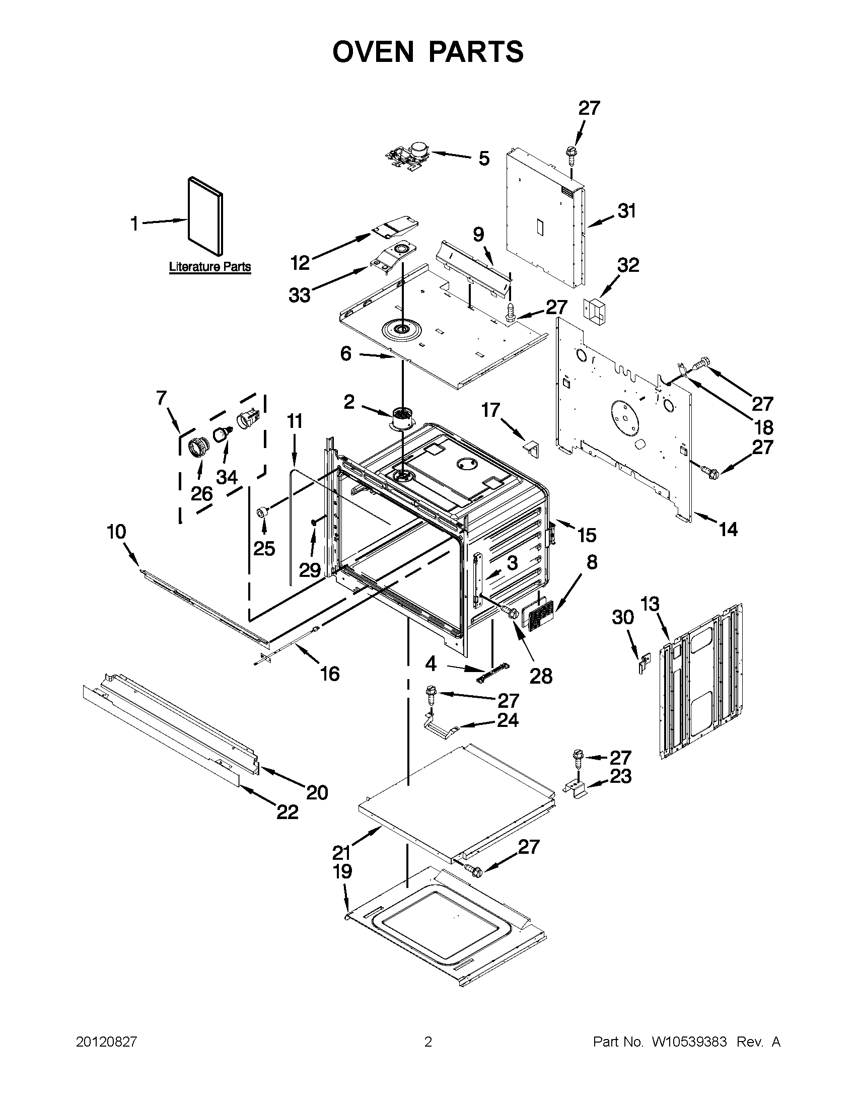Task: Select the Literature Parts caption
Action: (x=209, y=266)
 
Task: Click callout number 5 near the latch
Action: (x=484, y=158)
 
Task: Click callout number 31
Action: (x=626, y=211)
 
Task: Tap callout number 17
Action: (x=490, y=410)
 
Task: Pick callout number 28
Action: (x=540, y=676)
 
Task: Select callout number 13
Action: (x=650, y=604)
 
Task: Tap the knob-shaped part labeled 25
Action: (x=263, y=511)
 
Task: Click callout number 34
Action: (x=227, y=477)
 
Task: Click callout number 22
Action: (x=287, y=812)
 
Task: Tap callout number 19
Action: (x=342, y=871)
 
